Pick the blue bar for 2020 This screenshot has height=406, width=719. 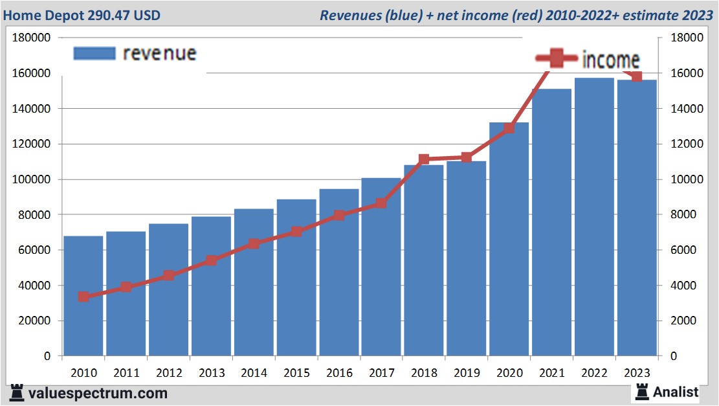509,239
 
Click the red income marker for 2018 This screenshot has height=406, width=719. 424,159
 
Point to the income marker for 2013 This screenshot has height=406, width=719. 211,261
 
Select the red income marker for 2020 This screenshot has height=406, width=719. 509,128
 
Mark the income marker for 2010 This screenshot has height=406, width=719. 83,297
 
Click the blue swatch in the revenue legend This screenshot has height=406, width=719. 94,53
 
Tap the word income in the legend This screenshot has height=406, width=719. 611,60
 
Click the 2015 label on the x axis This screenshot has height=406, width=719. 296,373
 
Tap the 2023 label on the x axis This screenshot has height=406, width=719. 637,373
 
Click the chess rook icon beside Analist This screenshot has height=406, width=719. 642,391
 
